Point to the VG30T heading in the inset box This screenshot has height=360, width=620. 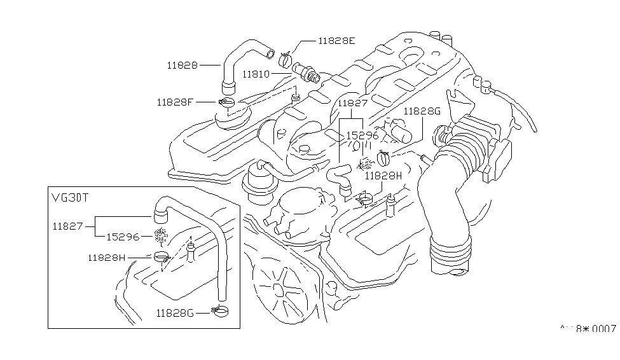[71, 197]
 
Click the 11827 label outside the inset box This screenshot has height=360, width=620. [352, 102]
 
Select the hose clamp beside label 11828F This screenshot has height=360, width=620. [227, 102]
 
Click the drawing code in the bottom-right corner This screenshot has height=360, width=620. [588, 329]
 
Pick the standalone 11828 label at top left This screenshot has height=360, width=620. [183, 65]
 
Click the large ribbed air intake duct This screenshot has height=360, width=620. [445, 210]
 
